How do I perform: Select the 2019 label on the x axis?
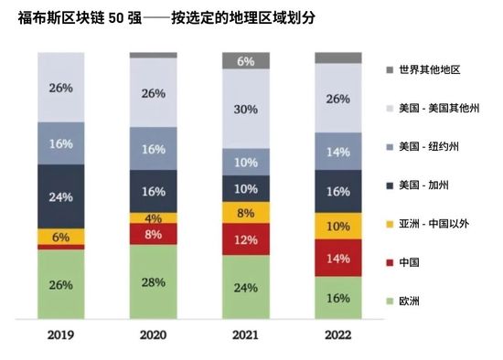60,334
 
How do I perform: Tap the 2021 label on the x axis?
246,334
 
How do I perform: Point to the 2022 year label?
338,334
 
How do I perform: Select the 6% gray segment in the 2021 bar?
246,61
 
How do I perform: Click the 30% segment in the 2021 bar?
246,109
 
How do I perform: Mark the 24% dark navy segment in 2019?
60,196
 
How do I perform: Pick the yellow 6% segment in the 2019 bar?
60,236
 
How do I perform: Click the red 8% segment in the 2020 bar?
154,234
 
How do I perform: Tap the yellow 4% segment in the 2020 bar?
154,218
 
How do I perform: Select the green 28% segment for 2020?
154,282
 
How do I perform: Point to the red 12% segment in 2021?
246,239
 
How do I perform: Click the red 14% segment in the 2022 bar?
338,258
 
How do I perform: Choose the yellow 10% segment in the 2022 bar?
338,226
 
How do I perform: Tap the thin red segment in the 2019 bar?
60,247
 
